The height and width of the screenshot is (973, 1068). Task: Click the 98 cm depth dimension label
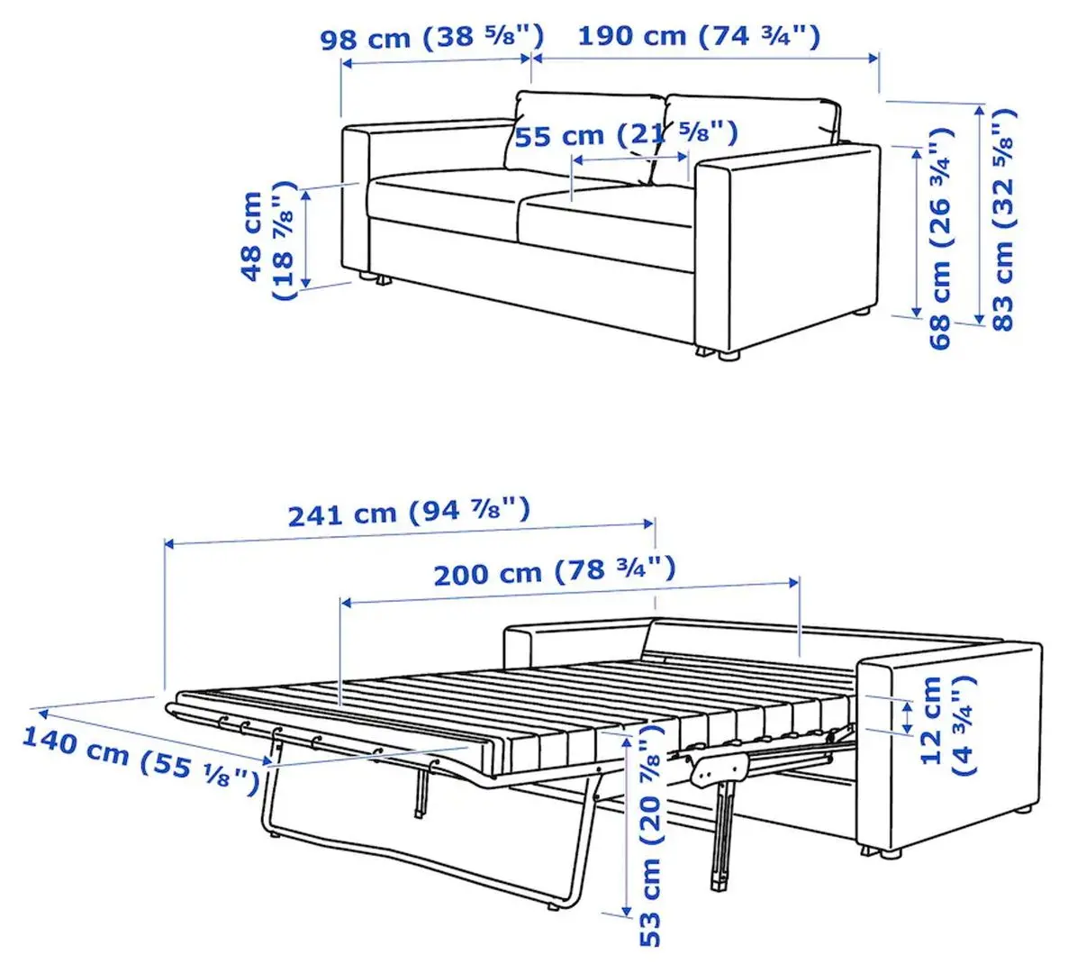coord(432,37)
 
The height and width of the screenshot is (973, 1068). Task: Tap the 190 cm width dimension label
coord(699,35)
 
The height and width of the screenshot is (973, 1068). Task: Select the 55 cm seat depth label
coord(626,134)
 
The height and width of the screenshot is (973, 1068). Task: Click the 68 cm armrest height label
coord(940,238)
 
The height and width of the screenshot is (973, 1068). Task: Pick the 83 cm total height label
coord(1002,220)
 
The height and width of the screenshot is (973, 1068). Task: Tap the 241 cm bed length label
coord(409,512)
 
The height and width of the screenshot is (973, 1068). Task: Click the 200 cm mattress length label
coord(555,571)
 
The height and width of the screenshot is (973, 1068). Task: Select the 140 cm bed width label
coord(140,759)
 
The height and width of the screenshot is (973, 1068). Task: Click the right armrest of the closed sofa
coord(787,249)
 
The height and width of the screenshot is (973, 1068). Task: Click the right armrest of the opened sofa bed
coord(950,746)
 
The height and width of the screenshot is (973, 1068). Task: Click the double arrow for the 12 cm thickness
coord(907,717)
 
